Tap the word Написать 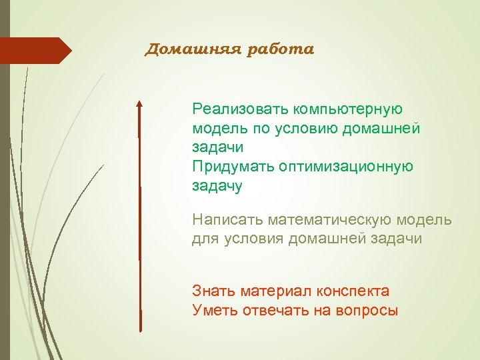[x=227, y=219]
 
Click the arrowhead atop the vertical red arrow [x=139, y=105]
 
